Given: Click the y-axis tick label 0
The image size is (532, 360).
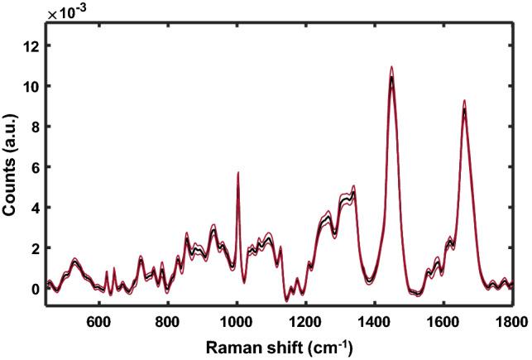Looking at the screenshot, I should pyautogui.click(x=35, y=289).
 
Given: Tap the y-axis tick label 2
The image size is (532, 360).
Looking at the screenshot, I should pyautogui.click(x=35, y=248).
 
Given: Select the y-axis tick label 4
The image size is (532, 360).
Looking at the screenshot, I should pyautogui.click(x=35, y=208).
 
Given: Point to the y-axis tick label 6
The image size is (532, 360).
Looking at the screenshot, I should pyautogui.click(x=35, y=167).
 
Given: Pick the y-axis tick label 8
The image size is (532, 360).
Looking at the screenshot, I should pyautogui.click(x=35, y=127).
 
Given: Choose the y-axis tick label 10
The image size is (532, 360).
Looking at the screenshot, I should pyautogui.click(x=31, y=86).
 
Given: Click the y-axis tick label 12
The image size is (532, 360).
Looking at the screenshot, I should pyautogui.click(x=31, y=46).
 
